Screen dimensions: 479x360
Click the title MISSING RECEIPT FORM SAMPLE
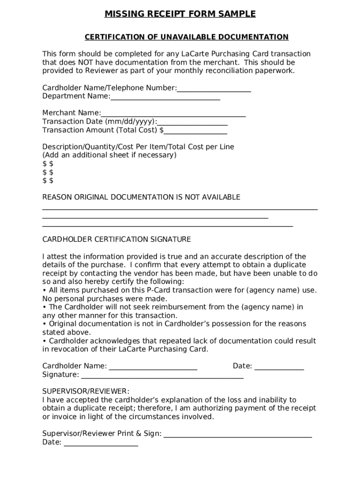coord(180,14)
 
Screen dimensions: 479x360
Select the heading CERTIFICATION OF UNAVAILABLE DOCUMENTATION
coord(186,37)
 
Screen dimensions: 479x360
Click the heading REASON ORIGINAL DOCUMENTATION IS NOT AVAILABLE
coord(141,197)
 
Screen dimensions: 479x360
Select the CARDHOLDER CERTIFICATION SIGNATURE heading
coord(116,239)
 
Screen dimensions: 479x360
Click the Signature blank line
coord(162,376)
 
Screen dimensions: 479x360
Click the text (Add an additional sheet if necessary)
coord(109,155)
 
